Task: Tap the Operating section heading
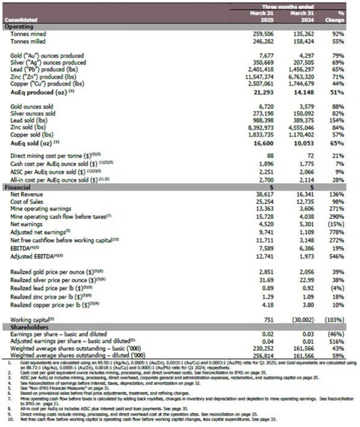click(x=20, y=27)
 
